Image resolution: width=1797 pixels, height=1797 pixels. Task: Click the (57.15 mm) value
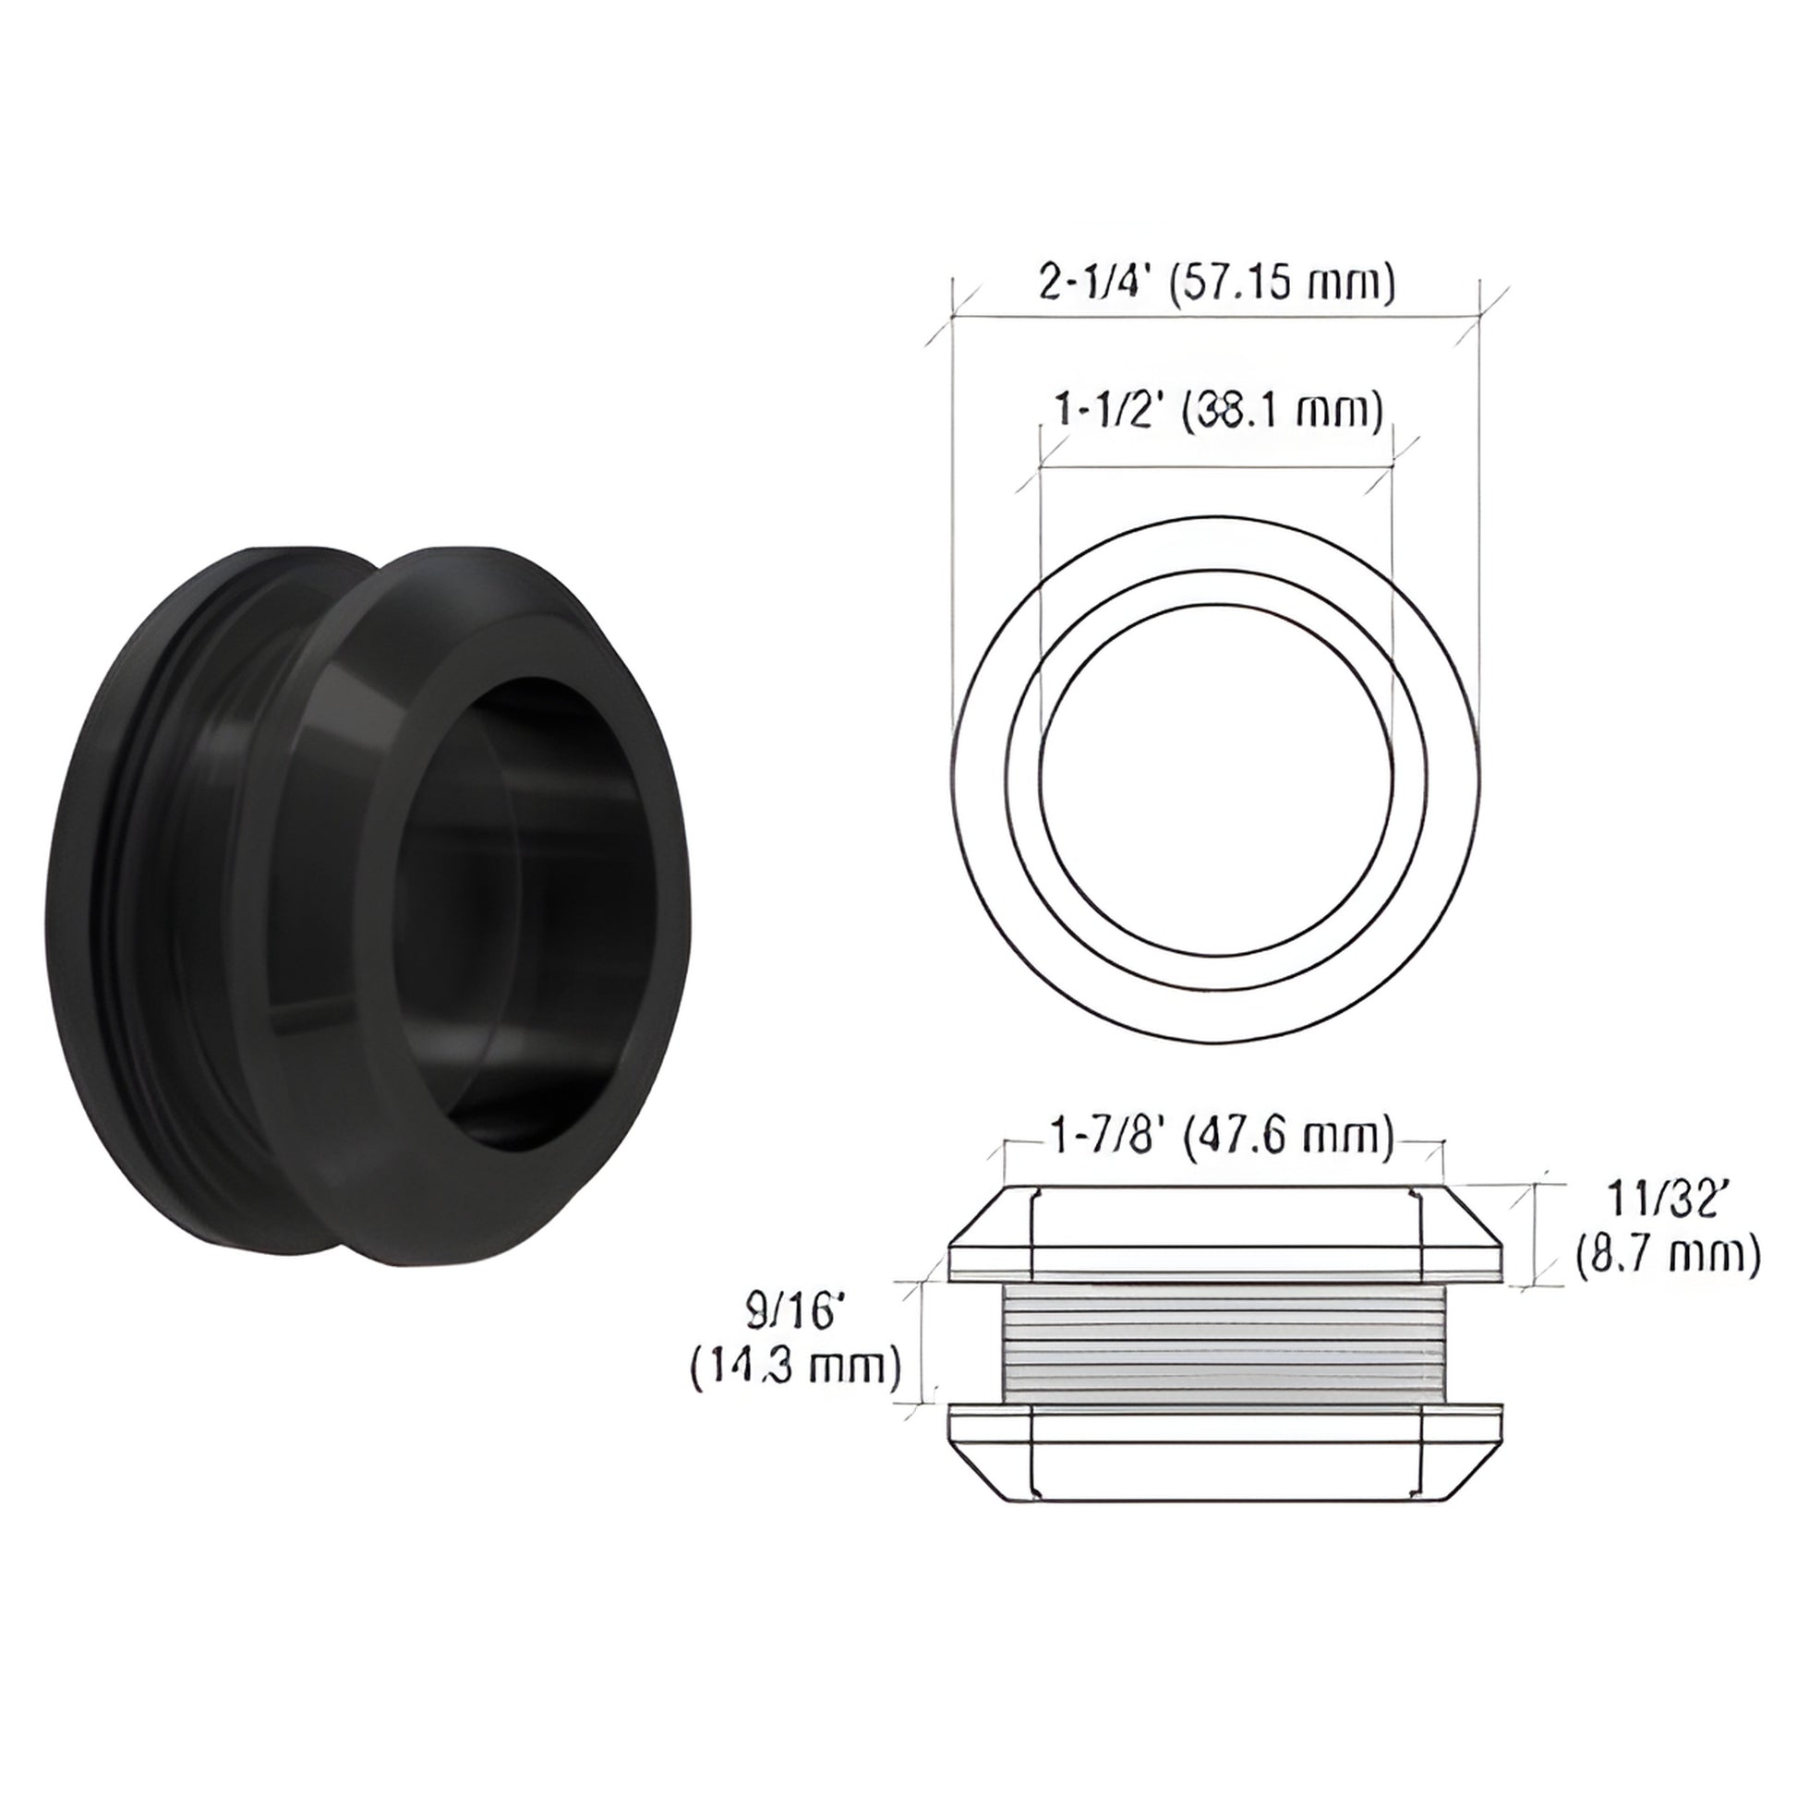point(1281,283)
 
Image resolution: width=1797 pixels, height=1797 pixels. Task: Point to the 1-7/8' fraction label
point(1106,1137)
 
